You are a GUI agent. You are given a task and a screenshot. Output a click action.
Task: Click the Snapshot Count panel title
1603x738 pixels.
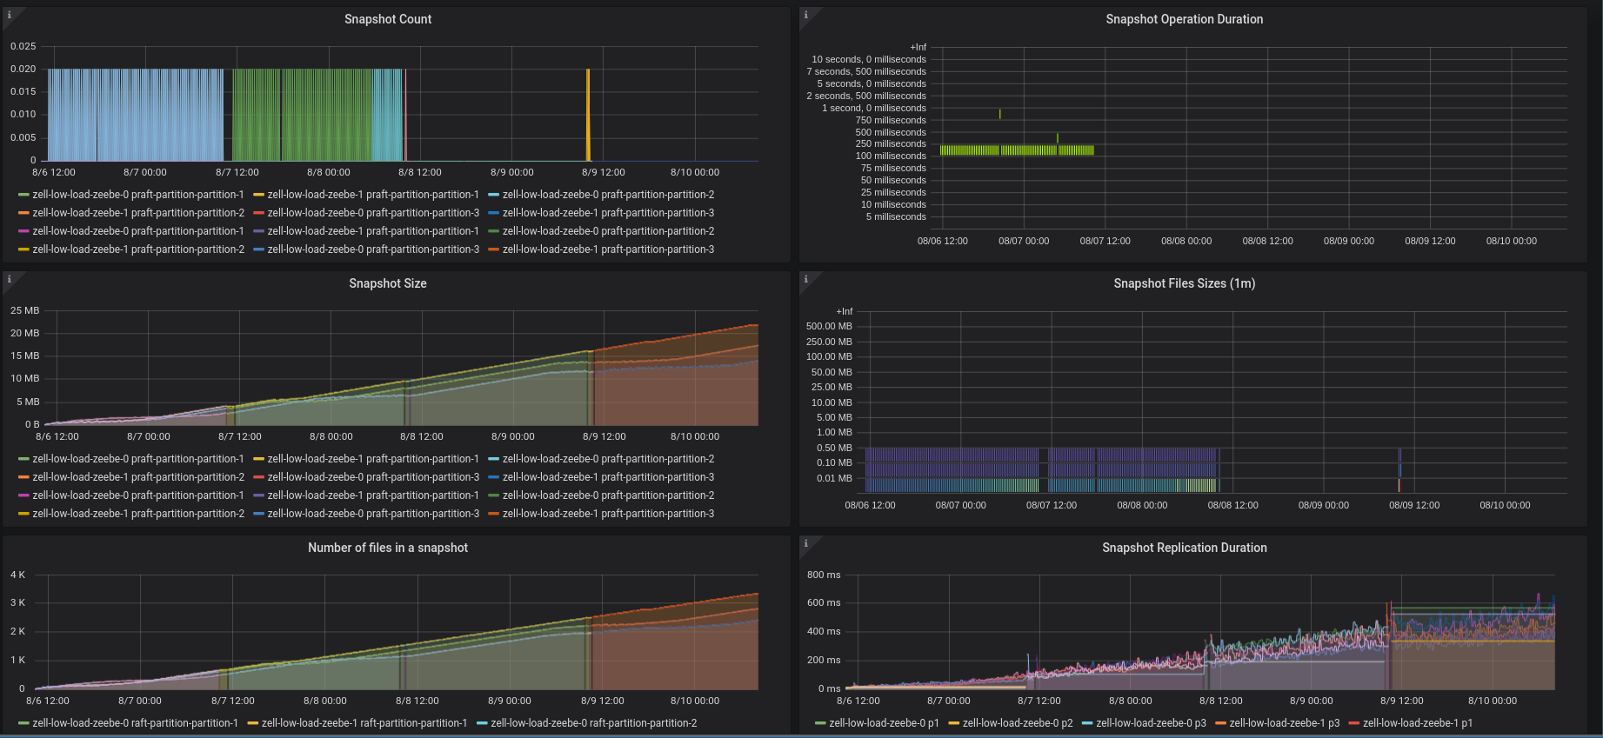pos(387,19)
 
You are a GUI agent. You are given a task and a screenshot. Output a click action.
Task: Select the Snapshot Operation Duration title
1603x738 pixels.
pos(1184,19)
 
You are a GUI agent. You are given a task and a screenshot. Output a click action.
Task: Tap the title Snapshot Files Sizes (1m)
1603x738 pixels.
pos(1184,283)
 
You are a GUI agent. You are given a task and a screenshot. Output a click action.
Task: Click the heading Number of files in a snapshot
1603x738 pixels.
pos(387,548)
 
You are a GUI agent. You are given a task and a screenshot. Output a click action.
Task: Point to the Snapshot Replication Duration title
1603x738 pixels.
pos(1184,548)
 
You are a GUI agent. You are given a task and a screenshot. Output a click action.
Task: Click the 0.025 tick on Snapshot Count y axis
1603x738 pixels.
pos(23,46)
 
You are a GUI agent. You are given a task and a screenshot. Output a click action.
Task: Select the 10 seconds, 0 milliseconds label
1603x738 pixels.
pos(869,59)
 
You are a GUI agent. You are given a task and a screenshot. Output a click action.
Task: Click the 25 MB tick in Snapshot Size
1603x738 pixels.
pos(25,310)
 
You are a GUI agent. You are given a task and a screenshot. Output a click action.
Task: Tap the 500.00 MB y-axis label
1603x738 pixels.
pos(829,326)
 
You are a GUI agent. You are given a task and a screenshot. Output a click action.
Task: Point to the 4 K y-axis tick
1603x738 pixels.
pos(17,575)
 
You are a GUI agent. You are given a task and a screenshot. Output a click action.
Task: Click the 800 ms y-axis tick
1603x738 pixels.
pos(824,575)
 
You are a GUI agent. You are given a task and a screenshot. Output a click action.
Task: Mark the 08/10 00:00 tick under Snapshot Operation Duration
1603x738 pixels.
pos(1511,241)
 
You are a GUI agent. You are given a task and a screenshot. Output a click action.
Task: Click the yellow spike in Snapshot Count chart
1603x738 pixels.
pos(588,113)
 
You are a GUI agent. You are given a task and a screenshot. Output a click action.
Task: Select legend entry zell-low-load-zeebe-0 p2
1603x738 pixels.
pos(1017,723)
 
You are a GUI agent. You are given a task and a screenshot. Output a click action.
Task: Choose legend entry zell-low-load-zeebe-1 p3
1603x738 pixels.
pos(1284,723)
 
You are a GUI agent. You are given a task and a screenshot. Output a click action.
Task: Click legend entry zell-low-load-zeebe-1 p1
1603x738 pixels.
pos(1417,723)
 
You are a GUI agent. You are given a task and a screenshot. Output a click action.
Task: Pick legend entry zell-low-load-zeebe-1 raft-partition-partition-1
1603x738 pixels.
pos(364,723)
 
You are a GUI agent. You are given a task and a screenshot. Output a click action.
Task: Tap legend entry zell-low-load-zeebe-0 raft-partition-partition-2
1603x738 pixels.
pos(593,723)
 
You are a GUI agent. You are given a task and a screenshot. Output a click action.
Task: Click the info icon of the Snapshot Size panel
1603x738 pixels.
pos(10,279)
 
